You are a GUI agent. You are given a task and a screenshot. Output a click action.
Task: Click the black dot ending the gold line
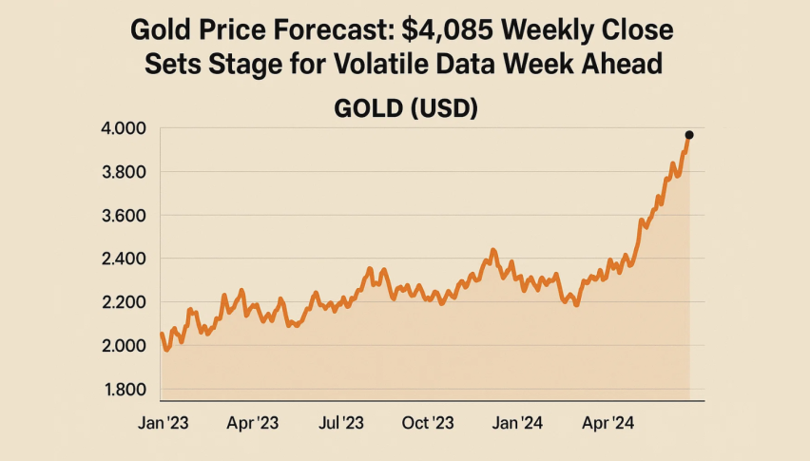(689, 135)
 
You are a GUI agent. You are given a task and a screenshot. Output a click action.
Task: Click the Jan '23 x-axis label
(163, 421)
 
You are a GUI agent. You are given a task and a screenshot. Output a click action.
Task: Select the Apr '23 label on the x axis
(252, 421)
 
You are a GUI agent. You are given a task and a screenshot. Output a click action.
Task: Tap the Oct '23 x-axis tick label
(428, 421)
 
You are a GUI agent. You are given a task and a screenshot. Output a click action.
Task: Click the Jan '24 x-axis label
(518, 421)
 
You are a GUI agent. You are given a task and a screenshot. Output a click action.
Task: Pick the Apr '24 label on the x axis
(607, 421)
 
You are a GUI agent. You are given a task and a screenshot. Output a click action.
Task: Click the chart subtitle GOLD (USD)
(405, 108)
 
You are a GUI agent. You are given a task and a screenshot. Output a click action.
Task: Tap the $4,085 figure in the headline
(444, 31)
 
